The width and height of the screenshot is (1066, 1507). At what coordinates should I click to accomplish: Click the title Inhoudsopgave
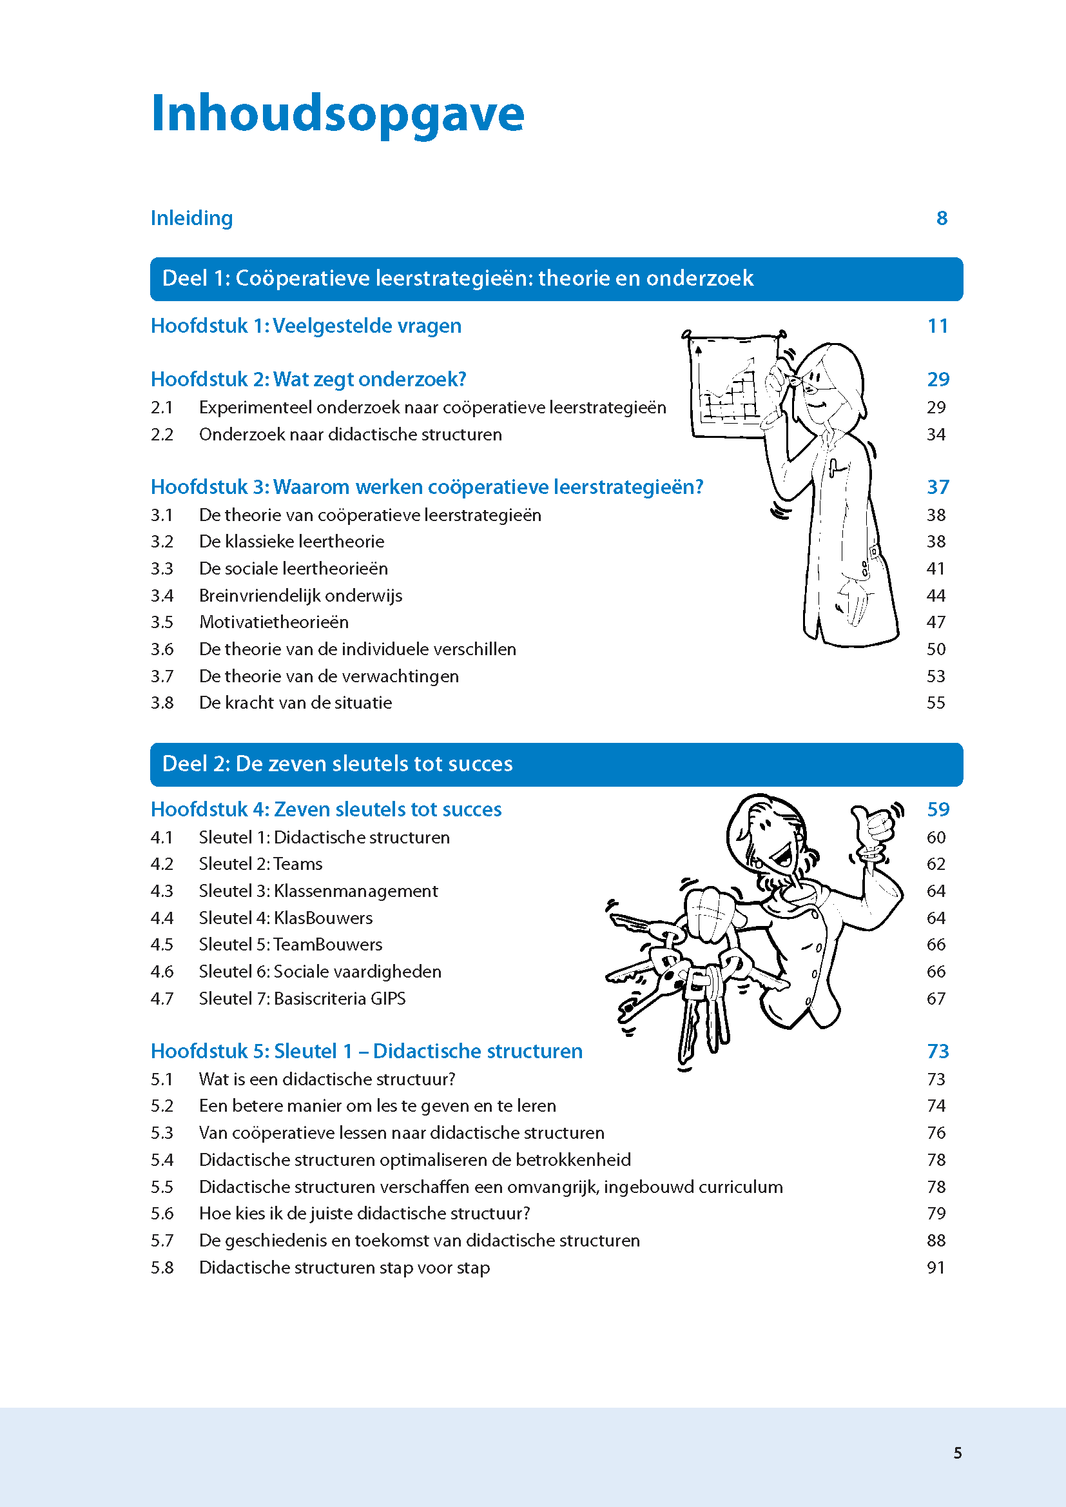point(337,114)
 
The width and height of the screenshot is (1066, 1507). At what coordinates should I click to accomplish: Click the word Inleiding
point(191,218)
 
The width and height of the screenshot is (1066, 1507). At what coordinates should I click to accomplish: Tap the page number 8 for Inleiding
point(941,218)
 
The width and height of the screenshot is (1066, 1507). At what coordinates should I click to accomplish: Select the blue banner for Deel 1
point(556,279)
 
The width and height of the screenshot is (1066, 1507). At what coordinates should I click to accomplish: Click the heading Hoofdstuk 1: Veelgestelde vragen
point(306,326)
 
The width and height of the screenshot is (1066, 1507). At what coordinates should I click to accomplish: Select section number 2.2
point(162,435)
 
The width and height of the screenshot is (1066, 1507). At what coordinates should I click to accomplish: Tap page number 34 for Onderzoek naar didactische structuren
point(936,435)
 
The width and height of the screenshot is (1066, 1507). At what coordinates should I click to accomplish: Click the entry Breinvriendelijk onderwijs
point(300,596)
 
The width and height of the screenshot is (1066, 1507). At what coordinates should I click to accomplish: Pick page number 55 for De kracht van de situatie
point(936,703)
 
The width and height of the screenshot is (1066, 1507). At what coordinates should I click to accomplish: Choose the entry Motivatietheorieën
point(274,622)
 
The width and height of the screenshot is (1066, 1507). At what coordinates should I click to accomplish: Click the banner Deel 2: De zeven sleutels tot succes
point(556,764)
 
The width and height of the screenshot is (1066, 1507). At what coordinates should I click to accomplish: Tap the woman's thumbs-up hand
point(873,827)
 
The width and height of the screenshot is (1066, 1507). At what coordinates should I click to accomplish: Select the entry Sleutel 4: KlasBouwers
point(286,918)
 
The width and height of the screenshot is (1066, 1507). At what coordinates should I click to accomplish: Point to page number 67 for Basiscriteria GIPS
point(936,999)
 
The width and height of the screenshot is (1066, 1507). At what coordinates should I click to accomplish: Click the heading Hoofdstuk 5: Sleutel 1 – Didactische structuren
point(366,1051)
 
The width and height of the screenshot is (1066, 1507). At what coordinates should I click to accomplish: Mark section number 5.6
point(162,1214)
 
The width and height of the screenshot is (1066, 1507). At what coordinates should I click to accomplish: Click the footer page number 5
point(958,1453)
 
